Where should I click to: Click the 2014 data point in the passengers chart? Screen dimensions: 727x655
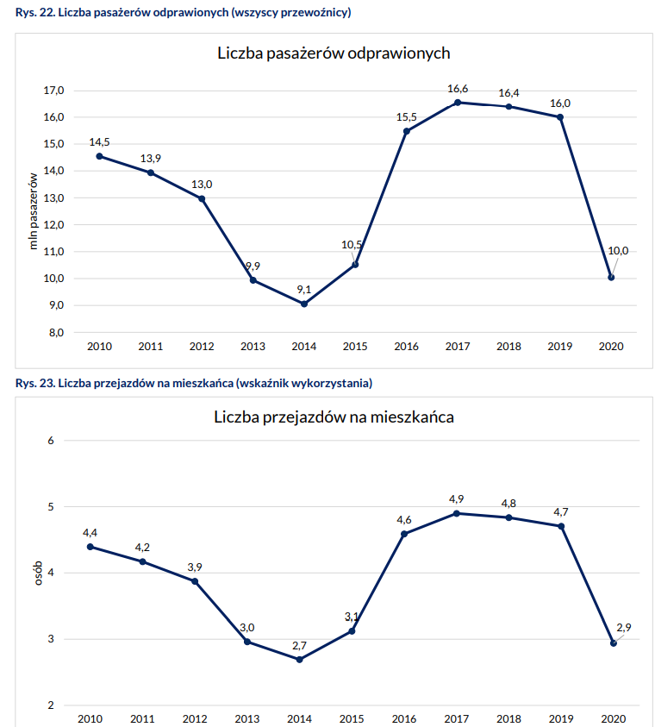(304, 304)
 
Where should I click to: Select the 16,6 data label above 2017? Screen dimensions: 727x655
(458, 89)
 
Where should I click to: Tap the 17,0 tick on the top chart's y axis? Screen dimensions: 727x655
(54, 91)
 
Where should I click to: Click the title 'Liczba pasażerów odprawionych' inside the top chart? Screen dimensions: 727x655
(334, 53)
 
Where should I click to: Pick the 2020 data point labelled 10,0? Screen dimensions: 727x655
(611, 278)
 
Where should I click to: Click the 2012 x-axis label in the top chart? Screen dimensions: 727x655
(202, 347)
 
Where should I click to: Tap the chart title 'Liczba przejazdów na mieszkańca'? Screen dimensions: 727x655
(334, 417)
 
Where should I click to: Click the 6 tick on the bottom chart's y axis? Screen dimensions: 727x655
(51, 441)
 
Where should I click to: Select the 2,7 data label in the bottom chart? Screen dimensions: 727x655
(299, 645)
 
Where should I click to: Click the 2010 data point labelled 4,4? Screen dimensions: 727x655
(90, 547)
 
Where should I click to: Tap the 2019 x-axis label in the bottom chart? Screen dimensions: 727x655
(560, 718)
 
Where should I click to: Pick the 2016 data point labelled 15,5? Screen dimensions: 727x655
(406, 131)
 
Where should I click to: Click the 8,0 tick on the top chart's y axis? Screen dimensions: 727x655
(54, 332)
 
